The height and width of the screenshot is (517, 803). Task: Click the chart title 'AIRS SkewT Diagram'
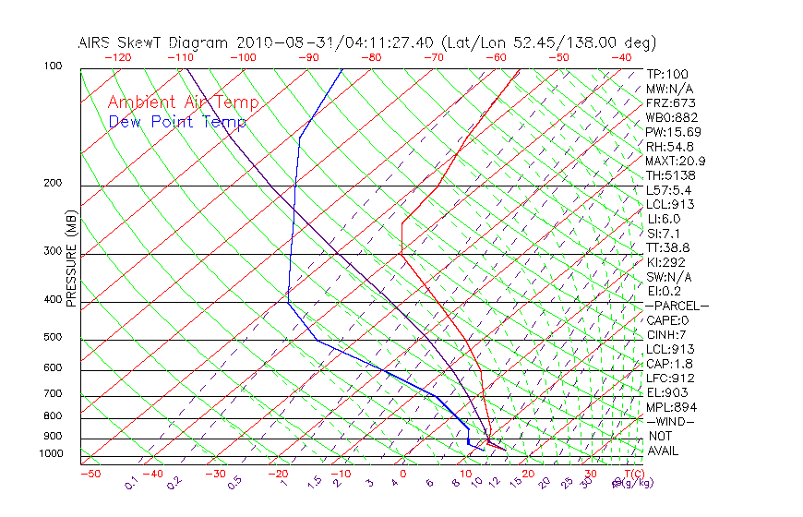pyautogui.click(x=154, y=42)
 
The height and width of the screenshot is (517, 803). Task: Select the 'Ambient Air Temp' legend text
pyautogui.click(x=183, y=102)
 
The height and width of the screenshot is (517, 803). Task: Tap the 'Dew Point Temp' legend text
pyautogui.click(x=177, y=122)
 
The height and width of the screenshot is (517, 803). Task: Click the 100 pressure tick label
pyautogui.click(x=53, y=66)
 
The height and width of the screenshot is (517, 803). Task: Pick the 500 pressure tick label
pyautogui.click(x=53, y=337)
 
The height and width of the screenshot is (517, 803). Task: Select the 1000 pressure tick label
pyautogui.click(x=50, y=454)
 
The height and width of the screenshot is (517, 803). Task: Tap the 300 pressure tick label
pyautogui.click(x=53, y=251)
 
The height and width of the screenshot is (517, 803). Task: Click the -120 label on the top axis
pyautogui.click(x=117, y=57)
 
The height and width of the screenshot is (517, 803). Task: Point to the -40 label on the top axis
pyautogui.click(x=622, y=57)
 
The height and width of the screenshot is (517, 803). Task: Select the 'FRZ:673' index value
pyautogui.click(x=671, y=103)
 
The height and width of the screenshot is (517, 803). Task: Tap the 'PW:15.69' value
pyautogui.click(x=674, y=132)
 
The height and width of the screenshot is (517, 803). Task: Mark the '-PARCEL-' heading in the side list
pyautogui.click(x=677, y=306)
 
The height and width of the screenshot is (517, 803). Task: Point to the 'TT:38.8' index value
pyautogui.click(x=669, y=248)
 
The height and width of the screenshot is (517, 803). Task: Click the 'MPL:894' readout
pyautogui.click(x=671, y=407)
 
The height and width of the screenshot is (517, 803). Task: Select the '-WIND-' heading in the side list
pyautogui.click(x=670, y=422)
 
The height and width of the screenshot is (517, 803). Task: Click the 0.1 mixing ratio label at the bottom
pyautogui.click(x=130, y=484)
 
